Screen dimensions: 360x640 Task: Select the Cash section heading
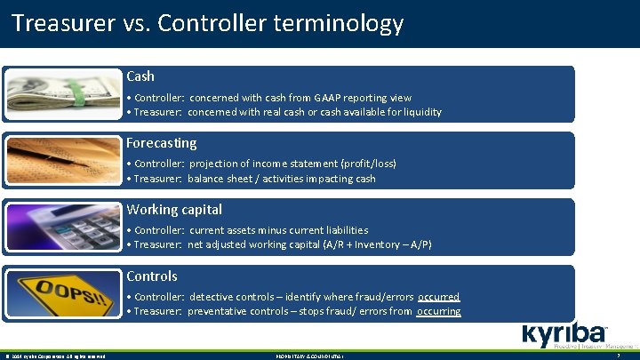[140, 76]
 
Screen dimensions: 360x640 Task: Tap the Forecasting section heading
[162, 143]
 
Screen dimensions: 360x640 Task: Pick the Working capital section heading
[174, 210]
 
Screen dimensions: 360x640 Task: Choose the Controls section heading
[152, 276]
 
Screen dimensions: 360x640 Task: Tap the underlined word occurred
[438, 297]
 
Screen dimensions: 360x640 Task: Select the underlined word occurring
[438, 311]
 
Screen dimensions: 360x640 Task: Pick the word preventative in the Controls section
[221, 311]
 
